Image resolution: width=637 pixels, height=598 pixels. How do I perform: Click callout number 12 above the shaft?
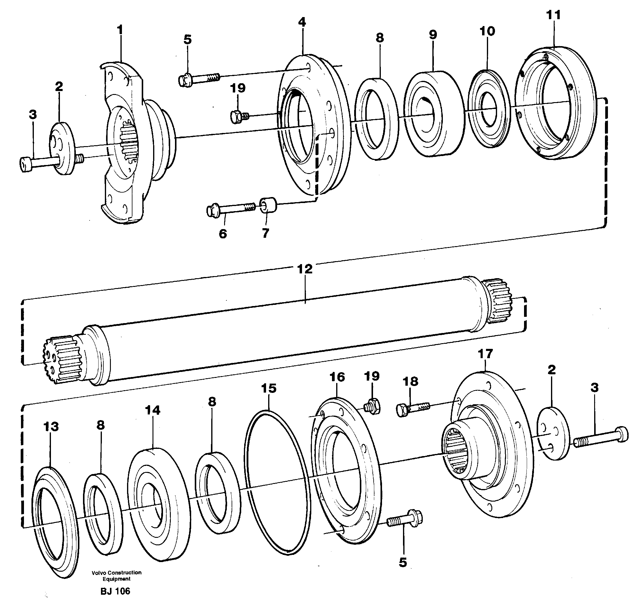pyautogui.click(x=304, y=269)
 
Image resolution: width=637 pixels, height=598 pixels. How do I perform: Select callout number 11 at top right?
pyautogui.click(x=553, y=15)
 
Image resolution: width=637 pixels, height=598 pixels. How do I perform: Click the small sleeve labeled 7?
pyautogui.click(x=268, y=205)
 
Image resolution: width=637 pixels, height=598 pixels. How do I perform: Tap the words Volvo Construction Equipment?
pyautogui.click(x=116, y=576)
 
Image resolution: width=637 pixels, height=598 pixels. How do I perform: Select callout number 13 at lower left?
pyautogui.click(x=51, y=427)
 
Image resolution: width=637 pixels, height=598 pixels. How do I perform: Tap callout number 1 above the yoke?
pyautogui.click(x=120, y=31)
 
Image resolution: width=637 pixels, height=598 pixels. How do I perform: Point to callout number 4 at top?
pyautogui.click(x=302, y=22)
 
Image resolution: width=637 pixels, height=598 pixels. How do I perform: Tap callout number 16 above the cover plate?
pyautogui.click(x=337, y=377)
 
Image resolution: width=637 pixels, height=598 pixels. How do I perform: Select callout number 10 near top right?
pyautogui.click(x=487, y=31)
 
